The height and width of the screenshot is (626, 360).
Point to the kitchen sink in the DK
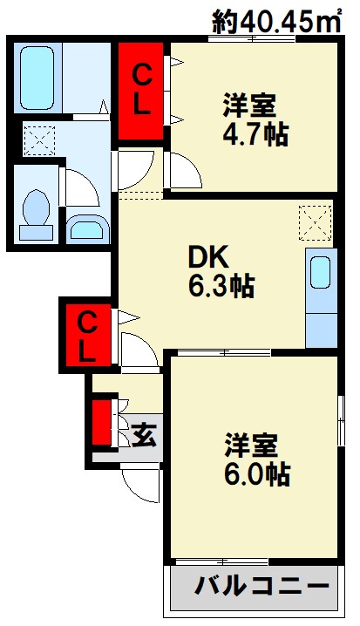[x=320, y=273]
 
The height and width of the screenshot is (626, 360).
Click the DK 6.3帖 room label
[x=221, y=271]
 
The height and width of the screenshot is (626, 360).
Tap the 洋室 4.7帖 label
[x=253, y=120]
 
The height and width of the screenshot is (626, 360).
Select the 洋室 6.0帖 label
[x=255, y=459]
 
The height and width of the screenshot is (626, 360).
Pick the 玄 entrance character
[x=144, y=432]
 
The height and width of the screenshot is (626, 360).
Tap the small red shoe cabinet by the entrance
[x=103, y=422]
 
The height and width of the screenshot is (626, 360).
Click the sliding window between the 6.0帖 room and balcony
[x=221, y=561]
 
